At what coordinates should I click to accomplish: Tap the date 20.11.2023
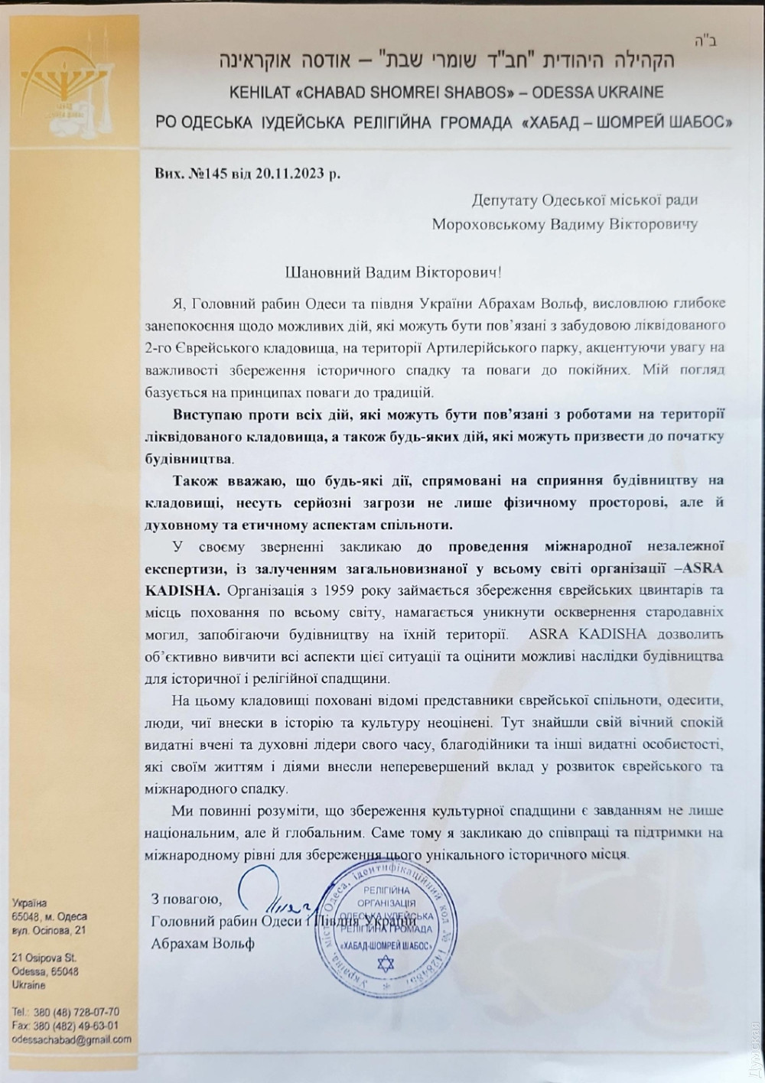click(x=290, y=172)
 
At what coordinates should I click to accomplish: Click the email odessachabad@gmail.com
click(x=71, y=1040)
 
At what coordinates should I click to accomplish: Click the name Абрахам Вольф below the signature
click(x=203, y=943)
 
